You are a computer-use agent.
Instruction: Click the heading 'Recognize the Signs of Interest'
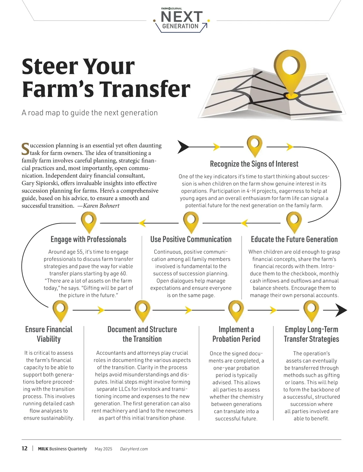[254, 164]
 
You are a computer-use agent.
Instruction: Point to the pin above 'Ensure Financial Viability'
[60, 310]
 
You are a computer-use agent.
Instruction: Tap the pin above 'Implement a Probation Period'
[236, 310]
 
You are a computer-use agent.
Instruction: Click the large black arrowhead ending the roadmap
[341, 311]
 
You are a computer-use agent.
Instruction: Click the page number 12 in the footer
[25, 448]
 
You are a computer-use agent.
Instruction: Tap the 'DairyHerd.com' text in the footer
[134, 449]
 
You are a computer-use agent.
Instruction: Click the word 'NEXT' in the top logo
[181, 17]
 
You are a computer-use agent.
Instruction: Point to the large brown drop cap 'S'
[25, 148]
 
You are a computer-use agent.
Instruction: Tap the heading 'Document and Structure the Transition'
[142, 334]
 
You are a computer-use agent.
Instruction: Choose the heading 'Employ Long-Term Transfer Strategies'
[311, 334]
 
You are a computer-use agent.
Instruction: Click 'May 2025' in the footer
[103, 449]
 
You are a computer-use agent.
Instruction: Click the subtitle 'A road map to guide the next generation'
[90, 113]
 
